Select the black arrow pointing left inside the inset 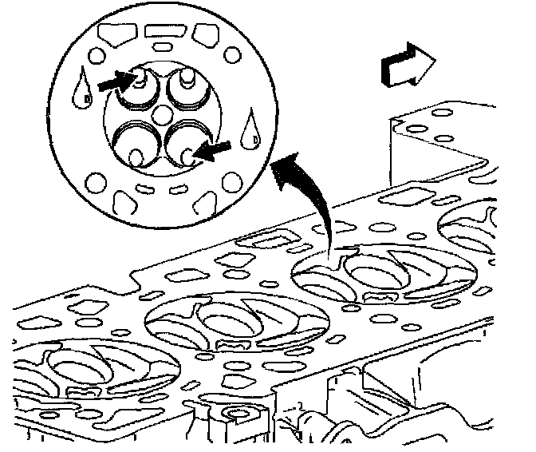click(217, 149)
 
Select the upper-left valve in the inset click(137, 88)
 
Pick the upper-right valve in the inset click(188, 85)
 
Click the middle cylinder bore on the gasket click(238, 323)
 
